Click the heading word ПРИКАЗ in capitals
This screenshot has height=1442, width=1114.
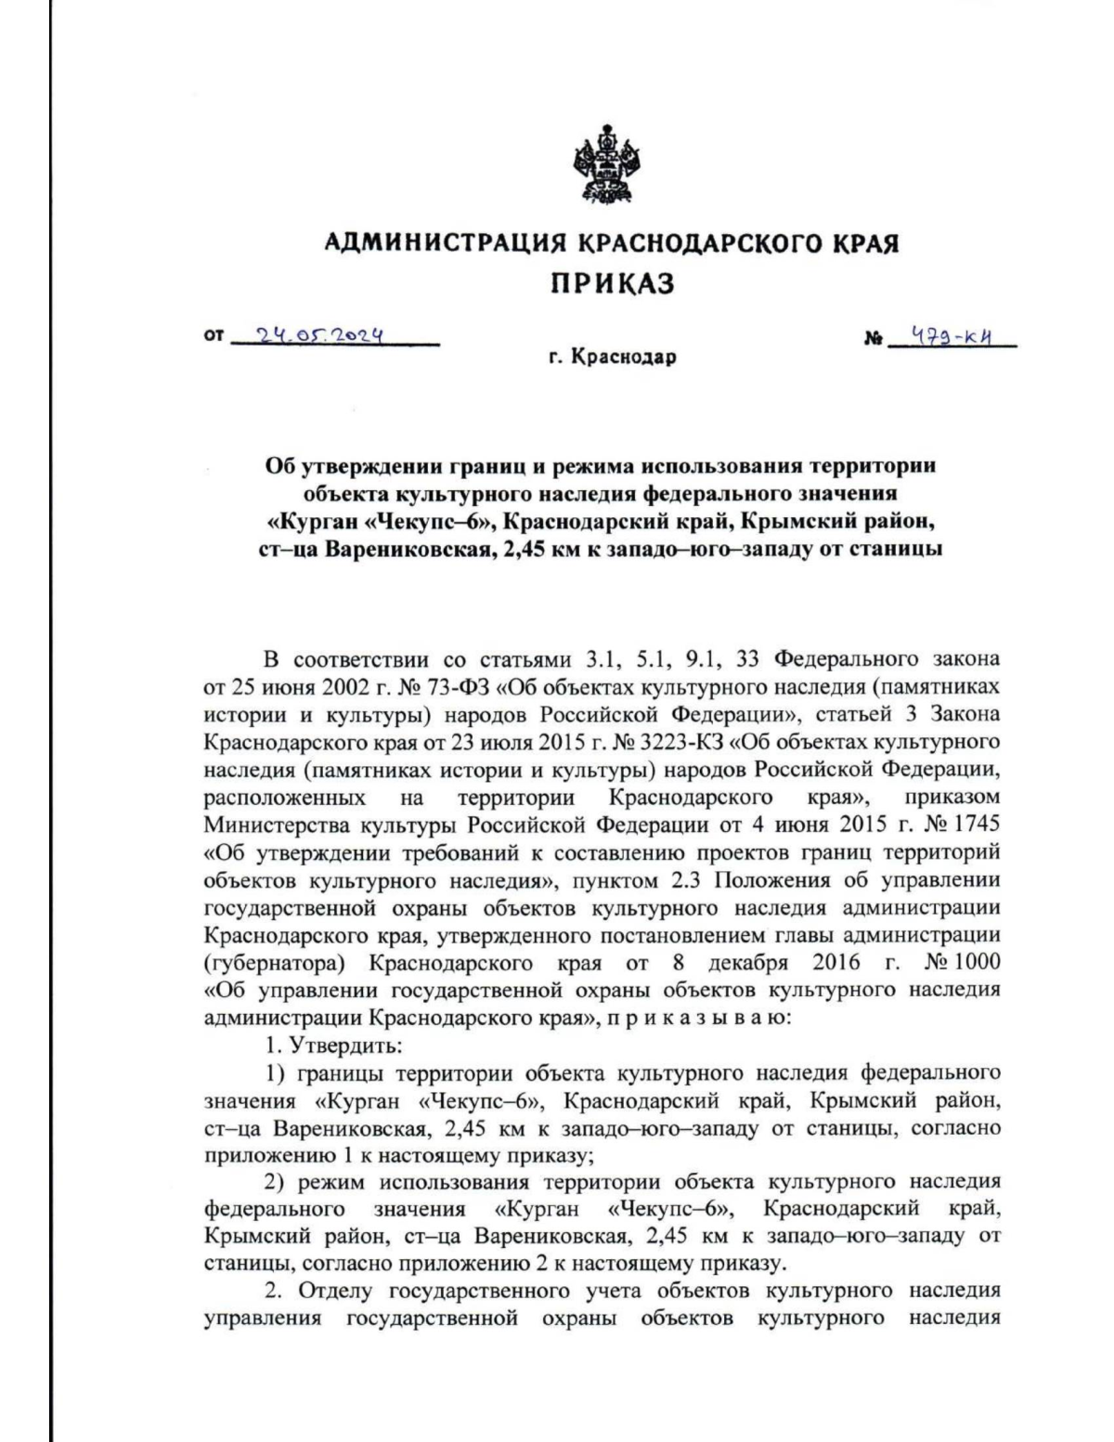pyautogui.click(x=612, y=283)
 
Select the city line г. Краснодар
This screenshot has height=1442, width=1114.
pyautogui.click(x=612, y=357)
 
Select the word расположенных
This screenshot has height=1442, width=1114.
pyautogui.click(x=284, y=798)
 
